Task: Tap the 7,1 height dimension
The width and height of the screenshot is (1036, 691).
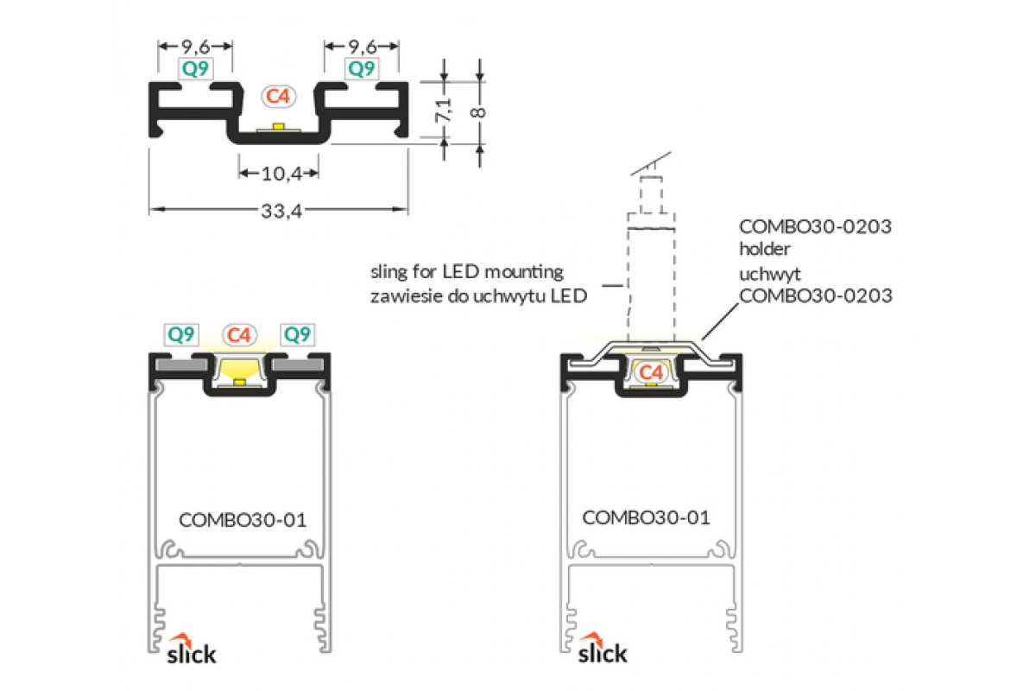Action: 443,111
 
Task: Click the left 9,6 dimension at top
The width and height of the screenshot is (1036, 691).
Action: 194,46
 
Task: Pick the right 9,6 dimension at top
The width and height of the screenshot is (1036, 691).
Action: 361,46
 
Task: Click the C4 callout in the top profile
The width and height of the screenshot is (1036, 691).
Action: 277,97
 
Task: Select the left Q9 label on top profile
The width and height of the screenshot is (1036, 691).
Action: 194,68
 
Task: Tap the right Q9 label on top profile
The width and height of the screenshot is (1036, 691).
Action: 361,68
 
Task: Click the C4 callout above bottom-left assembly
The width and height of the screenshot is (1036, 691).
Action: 240,334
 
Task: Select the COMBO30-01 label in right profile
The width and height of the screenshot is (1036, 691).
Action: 646,517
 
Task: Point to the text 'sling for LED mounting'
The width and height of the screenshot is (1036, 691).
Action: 466,272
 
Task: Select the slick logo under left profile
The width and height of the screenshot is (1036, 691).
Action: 192,650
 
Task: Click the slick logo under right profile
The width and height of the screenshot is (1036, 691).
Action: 602,650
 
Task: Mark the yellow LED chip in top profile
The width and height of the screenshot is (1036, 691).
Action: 278,128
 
